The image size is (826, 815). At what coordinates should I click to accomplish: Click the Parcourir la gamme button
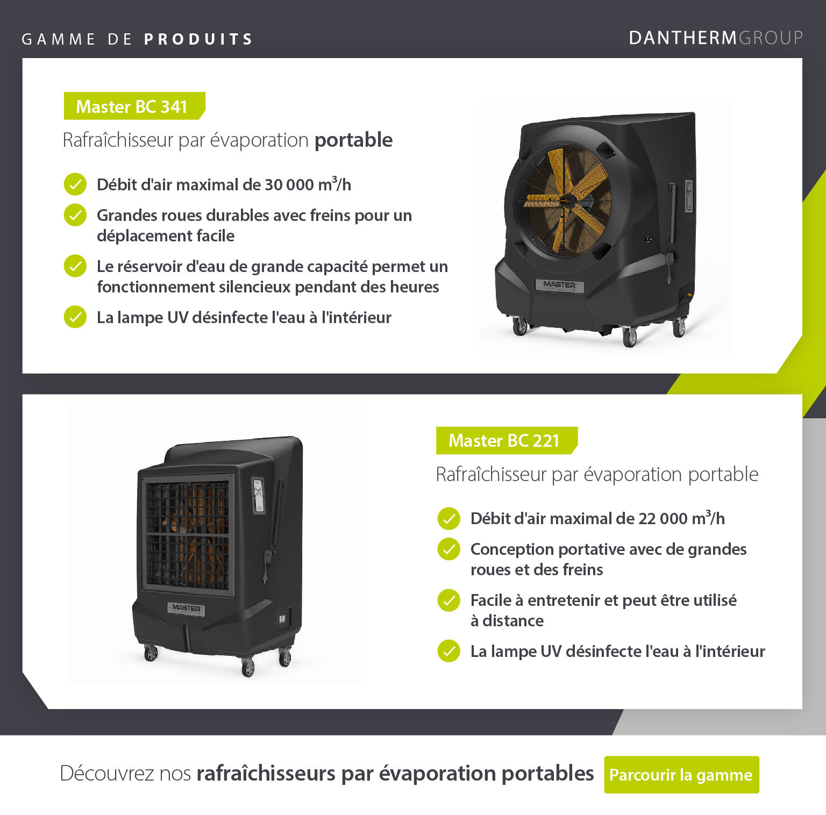tap(681, 775)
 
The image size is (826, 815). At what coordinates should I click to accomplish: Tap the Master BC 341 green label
tap(134, 106)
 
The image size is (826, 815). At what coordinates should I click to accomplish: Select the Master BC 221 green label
tap(507, 440)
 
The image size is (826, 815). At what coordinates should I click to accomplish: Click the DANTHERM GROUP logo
tap(716, 38)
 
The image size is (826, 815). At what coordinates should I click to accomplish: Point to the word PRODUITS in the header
tap(198, 39)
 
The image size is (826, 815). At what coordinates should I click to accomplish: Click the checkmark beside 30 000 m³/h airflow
tap(75, 184)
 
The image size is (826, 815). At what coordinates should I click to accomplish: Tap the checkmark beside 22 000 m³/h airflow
tap(448, 518)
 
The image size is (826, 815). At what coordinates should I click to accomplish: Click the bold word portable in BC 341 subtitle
tap(353, 140)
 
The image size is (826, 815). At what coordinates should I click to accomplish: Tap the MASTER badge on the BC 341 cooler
tap(559, 285)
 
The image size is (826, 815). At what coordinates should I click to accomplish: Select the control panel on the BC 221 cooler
tap(259, 495)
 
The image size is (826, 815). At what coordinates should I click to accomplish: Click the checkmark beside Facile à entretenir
tap(448, 600)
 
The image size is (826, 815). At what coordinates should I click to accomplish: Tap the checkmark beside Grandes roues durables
tap(75, 215)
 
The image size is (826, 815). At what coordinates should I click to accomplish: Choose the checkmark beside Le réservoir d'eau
tap(75, 266)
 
